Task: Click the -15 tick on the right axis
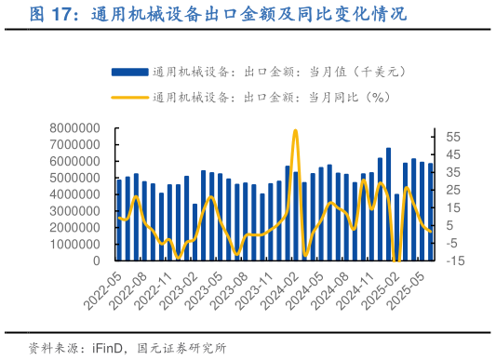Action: pos(454,261)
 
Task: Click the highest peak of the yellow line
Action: pos(296,131)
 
